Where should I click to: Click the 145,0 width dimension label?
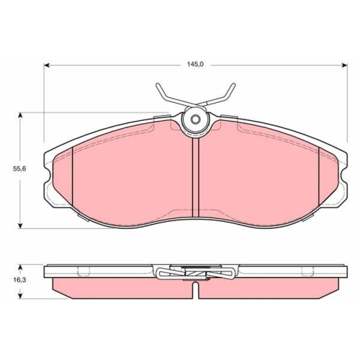(x=195, y=64)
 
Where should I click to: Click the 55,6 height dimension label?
(x=19, y=168)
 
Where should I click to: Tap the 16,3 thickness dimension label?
(x=19, y=279)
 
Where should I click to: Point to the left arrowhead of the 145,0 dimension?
(x=47, y=65)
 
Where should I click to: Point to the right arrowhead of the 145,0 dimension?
(x=345, y=65)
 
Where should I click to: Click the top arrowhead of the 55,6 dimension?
(x=21, y=115)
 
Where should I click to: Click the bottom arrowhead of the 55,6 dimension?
(x=21, y=225)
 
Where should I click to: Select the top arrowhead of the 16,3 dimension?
(x=21, y=268)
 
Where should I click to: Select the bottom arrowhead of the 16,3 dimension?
(x=21, y=296)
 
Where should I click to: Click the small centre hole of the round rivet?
(x=194, y=120)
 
